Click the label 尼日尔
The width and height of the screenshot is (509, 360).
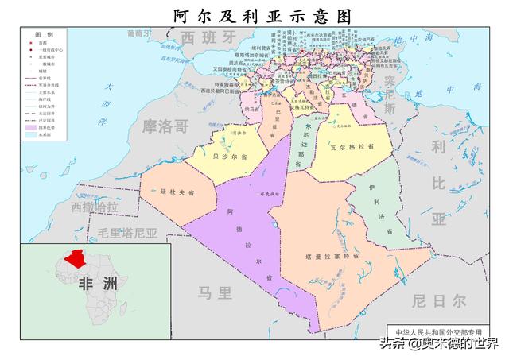click(439, 300)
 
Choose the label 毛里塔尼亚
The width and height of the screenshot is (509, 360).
click(127, 234)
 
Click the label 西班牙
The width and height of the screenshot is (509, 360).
click(208, 37)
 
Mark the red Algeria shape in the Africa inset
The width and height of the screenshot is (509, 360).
click(77, 257)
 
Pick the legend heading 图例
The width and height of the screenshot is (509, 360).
click(44, 35)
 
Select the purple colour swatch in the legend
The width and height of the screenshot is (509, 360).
click(33, 126)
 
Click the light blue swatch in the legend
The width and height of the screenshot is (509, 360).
click(33, 134)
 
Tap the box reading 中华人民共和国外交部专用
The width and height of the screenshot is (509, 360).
click(439, 330)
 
